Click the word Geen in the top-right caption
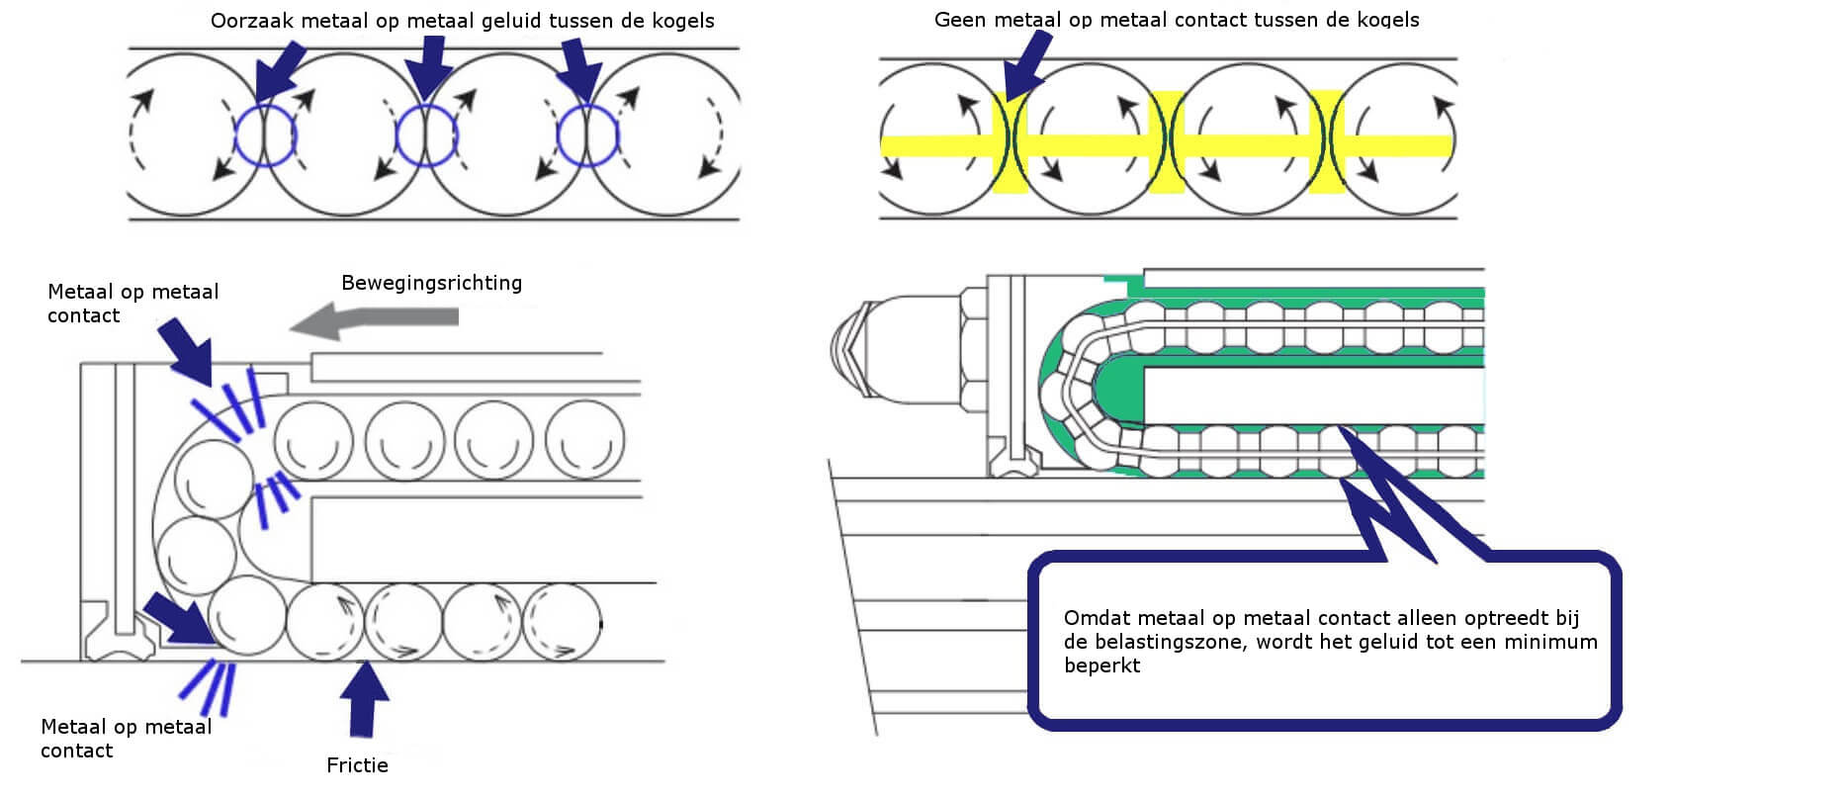coord(958,20)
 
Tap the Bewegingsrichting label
coord(431,283)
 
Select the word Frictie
coord(357,765)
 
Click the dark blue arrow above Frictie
coord(364,697)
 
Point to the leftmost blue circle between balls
coord(264,134)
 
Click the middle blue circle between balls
coord(426,134)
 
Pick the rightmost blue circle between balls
coord(587,134)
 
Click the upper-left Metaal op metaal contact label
coord(132,304)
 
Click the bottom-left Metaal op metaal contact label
coord(126,739)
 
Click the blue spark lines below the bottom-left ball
coord(211,685)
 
